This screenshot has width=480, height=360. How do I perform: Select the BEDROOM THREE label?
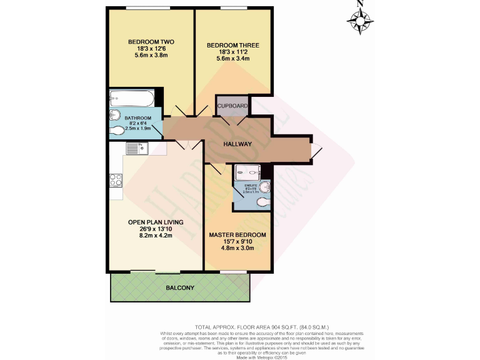[x=233, y=46]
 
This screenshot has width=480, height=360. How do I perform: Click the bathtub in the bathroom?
[x=131, y=98]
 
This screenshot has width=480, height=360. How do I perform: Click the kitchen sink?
[x=136, y=149]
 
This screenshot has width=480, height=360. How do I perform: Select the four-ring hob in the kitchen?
[x=116, y=179]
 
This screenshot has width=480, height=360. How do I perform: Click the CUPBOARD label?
[x=232, y=106]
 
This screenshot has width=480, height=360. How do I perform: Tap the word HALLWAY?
[x=237, y=144]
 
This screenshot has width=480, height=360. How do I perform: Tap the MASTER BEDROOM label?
[x=237, y=235]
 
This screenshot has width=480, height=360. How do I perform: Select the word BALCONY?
[x=180, y=288]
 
